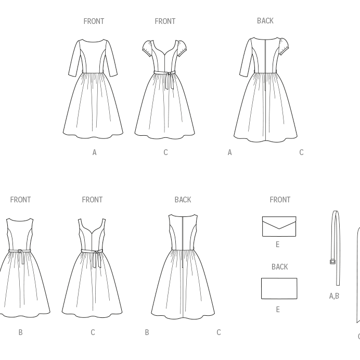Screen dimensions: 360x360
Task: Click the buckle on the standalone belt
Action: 332,262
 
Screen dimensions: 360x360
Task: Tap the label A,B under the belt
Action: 334,296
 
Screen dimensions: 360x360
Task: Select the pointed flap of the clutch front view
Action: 279,223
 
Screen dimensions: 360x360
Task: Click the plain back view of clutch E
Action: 279,289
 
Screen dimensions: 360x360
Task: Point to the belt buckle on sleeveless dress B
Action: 20,251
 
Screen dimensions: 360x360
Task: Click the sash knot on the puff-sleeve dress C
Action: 169,73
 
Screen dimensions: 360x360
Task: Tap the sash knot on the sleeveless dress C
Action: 97,252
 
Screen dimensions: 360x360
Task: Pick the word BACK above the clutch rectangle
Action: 279,267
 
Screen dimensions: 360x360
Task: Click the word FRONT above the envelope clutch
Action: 280,200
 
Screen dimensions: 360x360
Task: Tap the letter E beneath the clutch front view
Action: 278,245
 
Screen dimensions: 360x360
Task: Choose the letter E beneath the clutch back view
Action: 278,310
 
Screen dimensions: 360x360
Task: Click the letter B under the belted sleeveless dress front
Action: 20,332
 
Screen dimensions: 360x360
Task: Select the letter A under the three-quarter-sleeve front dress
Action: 94,152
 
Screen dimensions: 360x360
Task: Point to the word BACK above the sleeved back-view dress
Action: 265,21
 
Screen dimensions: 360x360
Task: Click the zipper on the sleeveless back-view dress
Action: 183,241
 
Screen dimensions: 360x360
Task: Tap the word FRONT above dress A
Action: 94,21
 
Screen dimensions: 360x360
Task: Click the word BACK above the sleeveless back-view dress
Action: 183,200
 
